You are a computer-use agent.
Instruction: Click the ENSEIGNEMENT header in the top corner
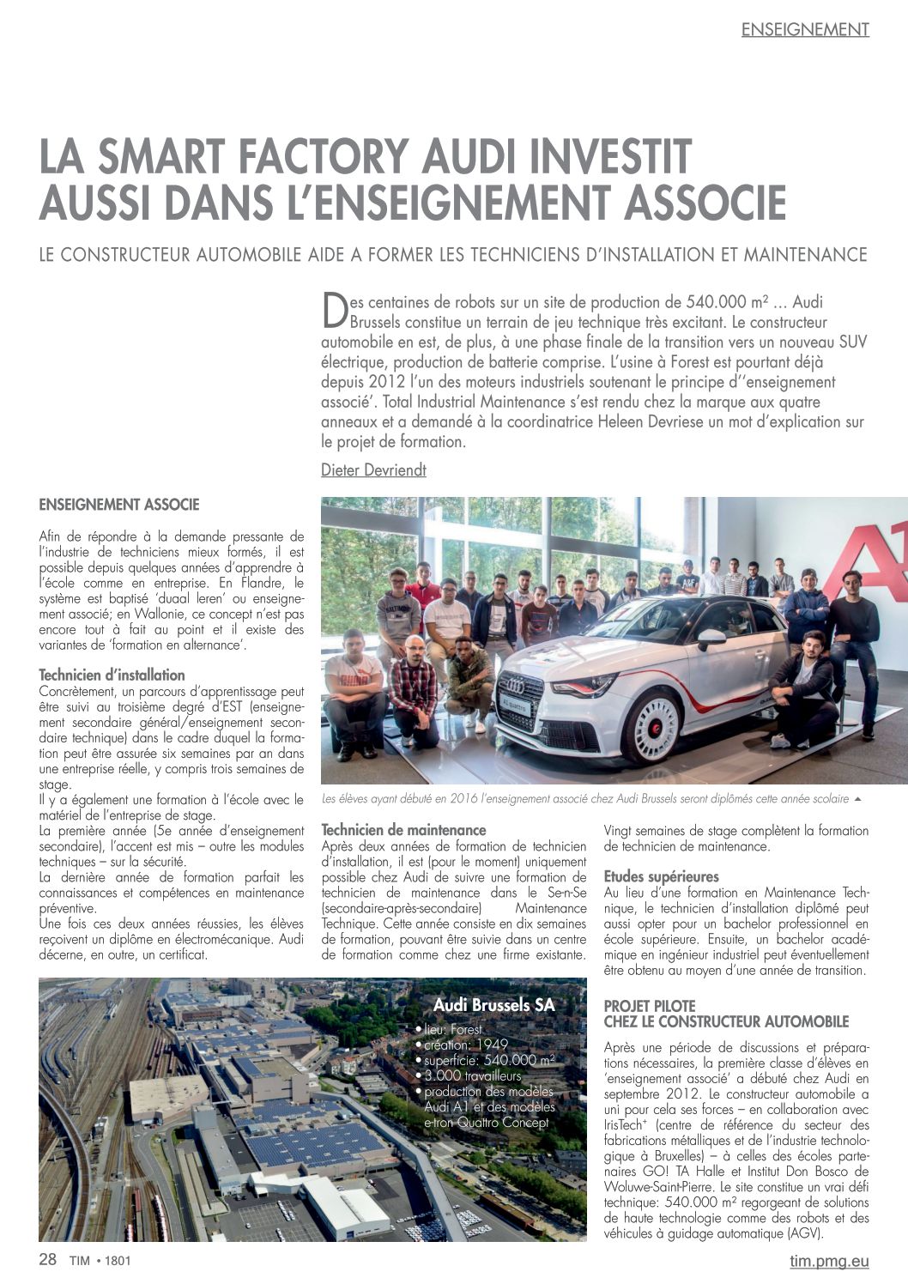[805, 29]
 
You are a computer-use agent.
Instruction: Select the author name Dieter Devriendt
[373, 469]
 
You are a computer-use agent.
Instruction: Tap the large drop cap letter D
[334, 312]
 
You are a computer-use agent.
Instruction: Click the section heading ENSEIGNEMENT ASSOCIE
[119, 505]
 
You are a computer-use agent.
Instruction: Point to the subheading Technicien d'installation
[112, 675]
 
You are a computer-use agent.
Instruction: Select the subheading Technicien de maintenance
[403, 830]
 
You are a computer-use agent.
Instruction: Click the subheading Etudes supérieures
[661, 877]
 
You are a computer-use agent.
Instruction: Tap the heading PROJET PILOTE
[650, 1006]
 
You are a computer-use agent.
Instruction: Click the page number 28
[48, 1260]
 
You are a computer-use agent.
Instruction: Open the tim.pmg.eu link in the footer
[829, 1261]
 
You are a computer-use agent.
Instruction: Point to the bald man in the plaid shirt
[414, 678]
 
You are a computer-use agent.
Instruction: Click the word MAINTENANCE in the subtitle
[805, 255]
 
